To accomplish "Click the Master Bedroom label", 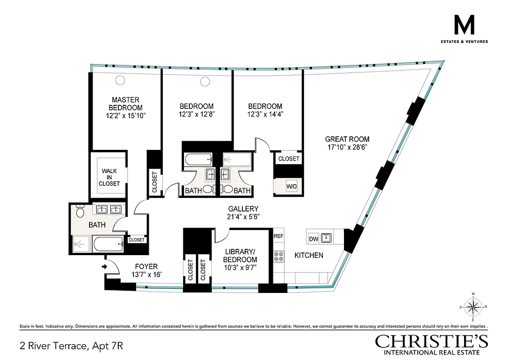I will [126, 104].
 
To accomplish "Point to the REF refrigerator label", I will [279, 236].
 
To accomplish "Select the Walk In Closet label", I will [110, 177].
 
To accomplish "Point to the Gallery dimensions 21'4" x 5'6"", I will [243, 216].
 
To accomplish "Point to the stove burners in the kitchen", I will [279, 256].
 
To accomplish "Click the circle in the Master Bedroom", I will [121, 80].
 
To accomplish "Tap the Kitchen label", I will [308, 255].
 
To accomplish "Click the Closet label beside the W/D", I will [289, 159].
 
